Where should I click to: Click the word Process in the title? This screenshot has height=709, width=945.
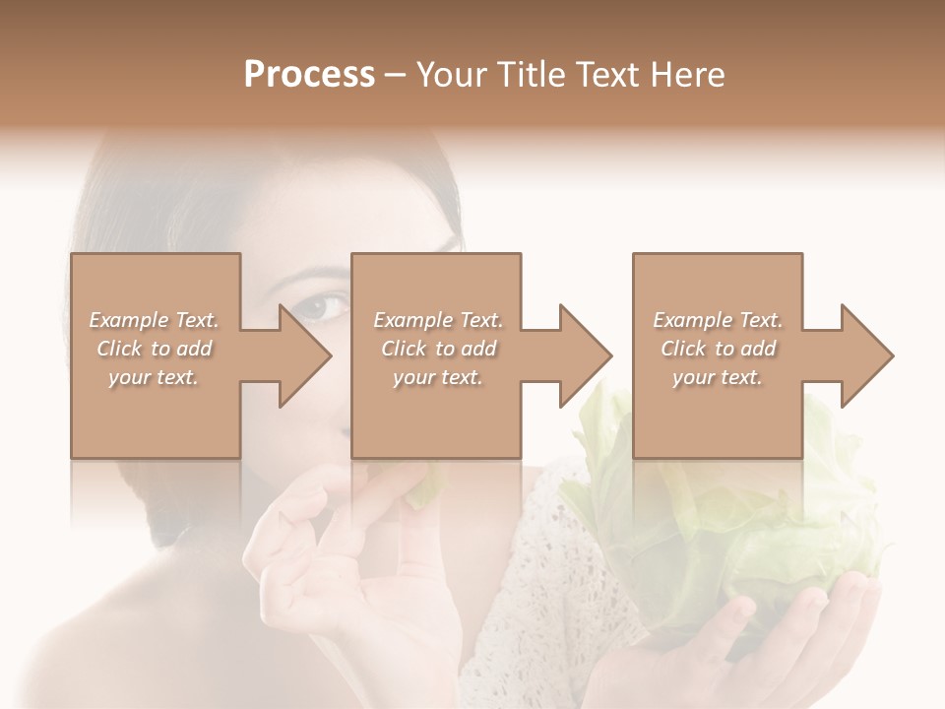309,75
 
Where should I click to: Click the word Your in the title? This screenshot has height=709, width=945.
455,75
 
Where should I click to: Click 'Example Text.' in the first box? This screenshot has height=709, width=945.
154,320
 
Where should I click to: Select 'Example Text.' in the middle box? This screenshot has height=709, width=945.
438,320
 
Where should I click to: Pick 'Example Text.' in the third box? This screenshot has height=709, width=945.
718,320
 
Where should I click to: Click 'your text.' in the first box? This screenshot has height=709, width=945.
154,377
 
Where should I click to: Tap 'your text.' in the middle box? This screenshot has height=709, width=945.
438,377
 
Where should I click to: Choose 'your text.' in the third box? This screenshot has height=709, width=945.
718,377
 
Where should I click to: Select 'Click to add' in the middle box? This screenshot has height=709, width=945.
438,349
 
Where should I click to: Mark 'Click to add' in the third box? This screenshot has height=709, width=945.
718,349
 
